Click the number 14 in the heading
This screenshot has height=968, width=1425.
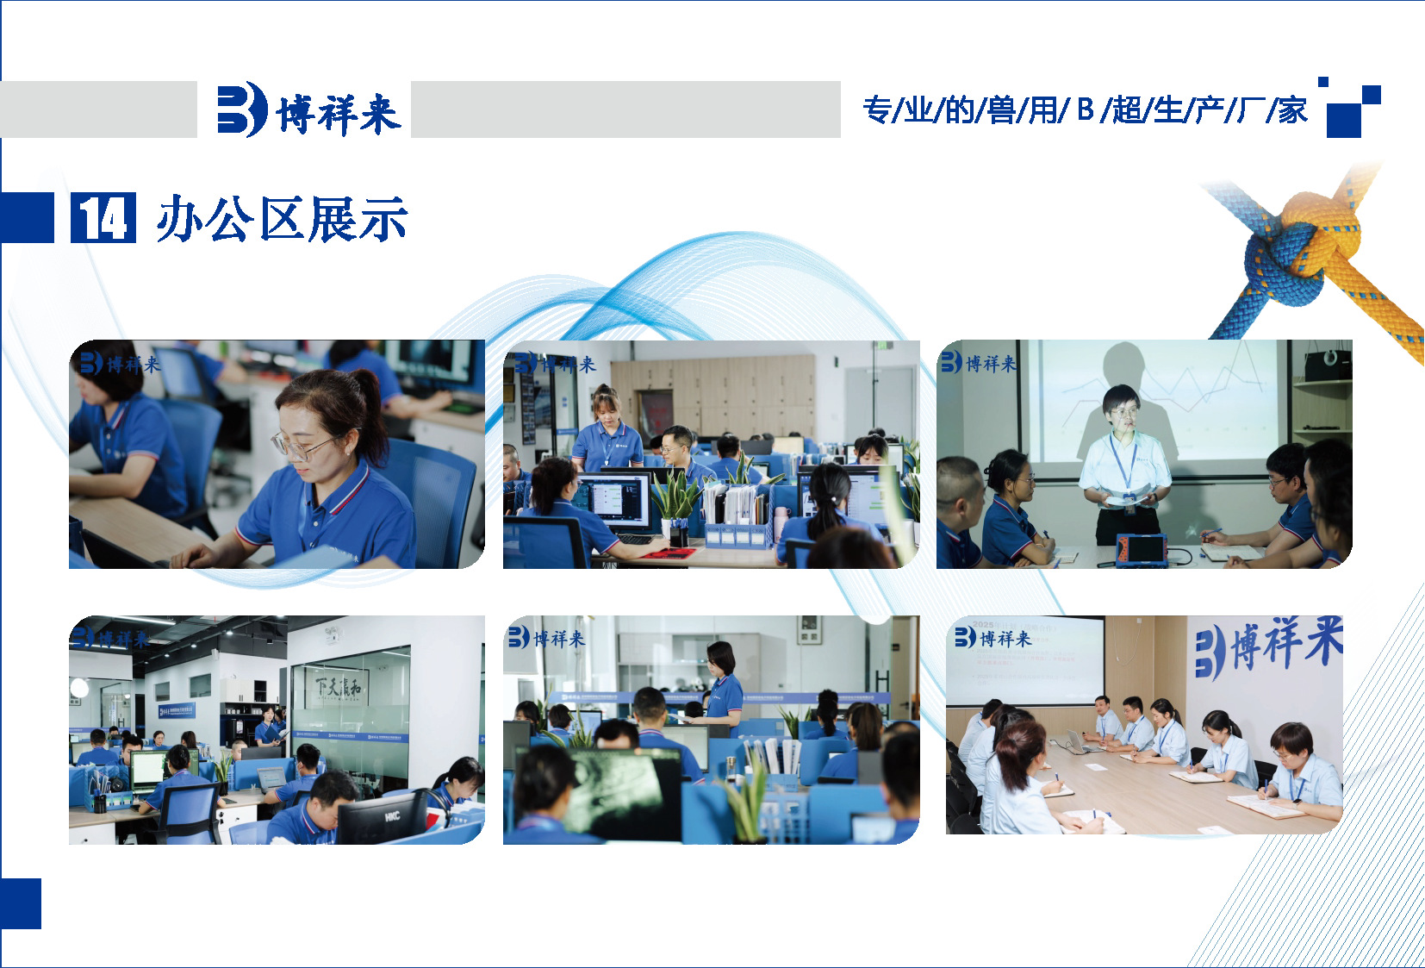[x=103, y=218]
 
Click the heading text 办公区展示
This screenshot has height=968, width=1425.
[x=282, y=219]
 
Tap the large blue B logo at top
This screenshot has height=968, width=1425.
[x=241, y=109]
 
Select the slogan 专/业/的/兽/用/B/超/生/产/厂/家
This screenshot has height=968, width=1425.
[x=1085, y=110]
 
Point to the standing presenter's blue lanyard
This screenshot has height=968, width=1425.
[x=1123, y=461]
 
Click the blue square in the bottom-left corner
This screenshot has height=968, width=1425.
[x=21, y=903]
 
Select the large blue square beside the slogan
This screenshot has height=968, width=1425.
[x=1343, y=120]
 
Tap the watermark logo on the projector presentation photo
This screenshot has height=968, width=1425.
[x=978, y=363]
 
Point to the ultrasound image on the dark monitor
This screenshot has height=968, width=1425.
[x=621, y=784]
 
